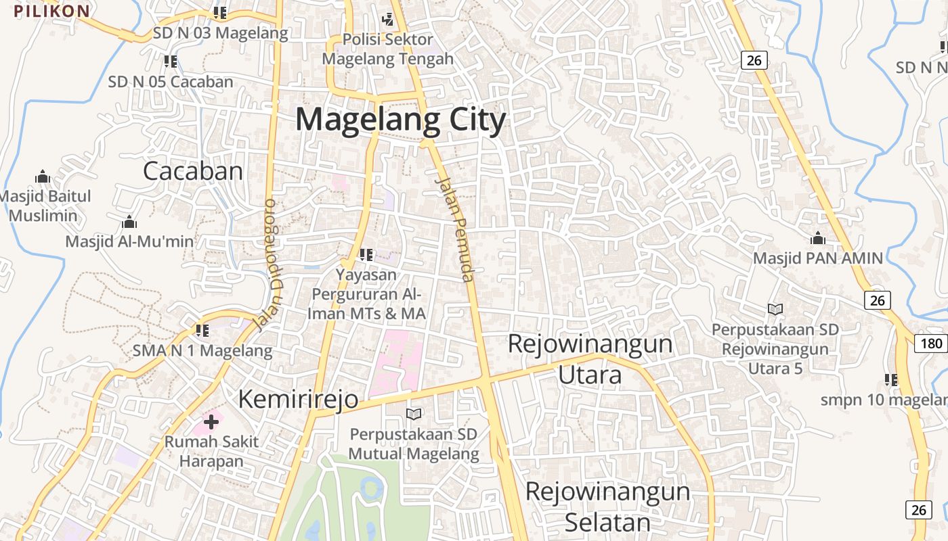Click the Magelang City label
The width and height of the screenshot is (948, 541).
(401, 120)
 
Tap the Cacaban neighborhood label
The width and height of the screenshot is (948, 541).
(192, 171)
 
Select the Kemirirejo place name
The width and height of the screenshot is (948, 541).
(298, 399)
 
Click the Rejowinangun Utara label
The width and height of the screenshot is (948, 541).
(590, 358)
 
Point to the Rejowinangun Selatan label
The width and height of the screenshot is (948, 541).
(607, 506)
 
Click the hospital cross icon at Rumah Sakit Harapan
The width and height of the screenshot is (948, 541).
(211, 423)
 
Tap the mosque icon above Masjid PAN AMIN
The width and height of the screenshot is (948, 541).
(818, 239)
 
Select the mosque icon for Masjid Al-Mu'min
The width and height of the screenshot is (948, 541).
(129, 222)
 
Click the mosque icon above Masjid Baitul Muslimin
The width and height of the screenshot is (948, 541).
(43, 177)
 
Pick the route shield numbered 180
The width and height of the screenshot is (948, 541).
(931, 343)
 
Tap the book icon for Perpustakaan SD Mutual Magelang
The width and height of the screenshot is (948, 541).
(413, 414)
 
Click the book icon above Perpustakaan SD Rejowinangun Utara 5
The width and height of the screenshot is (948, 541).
(775, 309)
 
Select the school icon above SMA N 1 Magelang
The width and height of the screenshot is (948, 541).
(202, 331)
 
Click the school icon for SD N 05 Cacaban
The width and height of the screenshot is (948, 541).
(171, 62)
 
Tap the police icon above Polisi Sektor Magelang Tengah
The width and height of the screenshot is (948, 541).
(388, 20)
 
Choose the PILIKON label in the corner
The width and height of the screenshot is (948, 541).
(51, 11)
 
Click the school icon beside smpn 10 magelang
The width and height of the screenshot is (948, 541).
(891, 380)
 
